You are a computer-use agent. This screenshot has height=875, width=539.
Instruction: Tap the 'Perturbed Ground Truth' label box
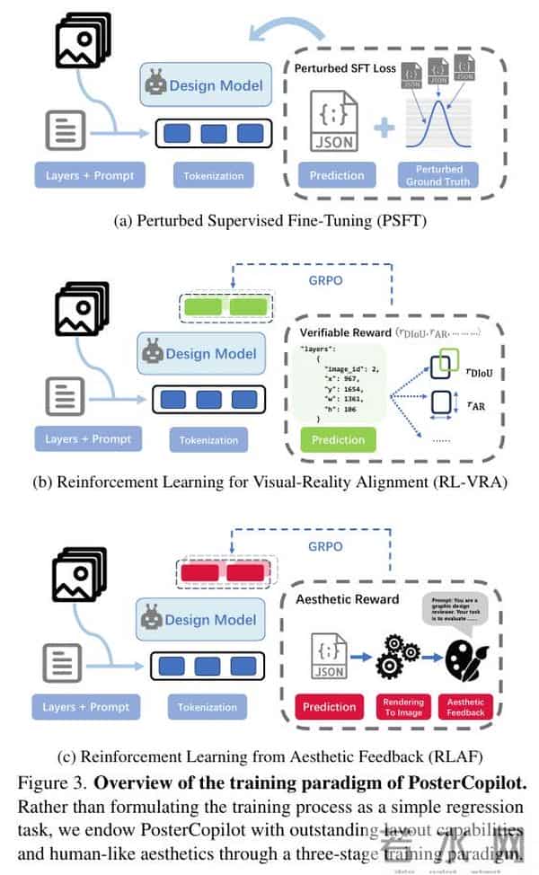click(x=439, y=175)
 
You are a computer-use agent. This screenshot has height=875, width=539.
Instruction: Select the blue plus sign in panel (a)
click(x=384, y=128)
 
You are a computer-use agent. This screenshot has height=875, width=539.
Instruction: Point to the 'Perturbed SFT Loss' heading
click(x=344, y=67)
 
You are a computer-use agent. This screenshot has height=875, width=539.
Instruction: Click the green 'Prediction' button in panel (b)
click(x=338, y=440)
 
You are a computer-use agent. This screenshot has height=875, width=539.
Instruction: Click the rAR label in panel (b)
click(x=462, y=406)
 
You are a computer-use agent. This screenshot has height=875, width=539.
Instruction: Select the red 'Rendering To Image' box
click(x=403, y=707)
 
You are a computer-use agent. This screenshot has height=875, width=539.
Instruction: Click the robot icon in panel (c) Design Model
click(x=155, y=618)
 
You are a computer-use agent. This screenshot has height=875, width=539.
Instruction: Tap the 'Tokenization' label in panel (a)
click(x=213, y=175)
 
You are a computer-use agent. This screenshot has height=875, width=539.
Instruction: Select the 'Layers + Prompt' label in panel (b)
click(x=88, y=439)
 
